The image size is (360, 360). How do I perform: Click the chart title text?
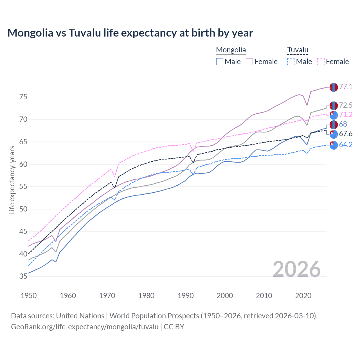pyautogui.click(x=130, y=33)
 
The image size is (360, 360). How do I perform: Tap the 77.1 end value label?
pyautogui.click(x=346, y=87)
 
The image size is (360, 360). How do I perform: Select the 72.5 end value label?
pyautogui.click(x=346, y=105)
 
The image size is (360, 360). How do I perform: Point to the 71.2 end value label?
pyautogui.click(x=346, y=115)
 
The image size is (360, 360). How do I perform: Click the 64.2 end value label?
pyautogui.click(x=346, y=145)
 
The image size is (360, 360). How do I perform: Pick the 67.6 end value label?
pyautogui.click(x=346, y=134)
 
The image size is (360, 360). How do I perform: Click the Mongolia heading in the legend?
pyautogui.click(x=231, y=50)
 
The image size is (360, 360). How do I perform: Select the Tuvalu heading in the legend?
pyautogui.click(x=298, y=50)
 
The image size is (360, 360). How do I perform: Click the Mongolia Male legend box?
pyautogui.click(x=220, y=62)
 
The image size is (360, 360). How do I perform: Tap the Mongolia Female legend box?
pyautogui.click(x=249, y=62)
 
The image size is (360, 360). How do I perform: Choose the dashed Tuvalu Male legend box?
pyautogui.click(x=291, y=62)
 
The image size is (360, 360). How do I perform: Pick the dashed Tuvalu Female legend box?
pyautogui.click(x=321, y=62)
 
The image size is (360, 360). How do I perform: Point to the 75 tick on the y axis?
pyautogui.click(x=23, y=97)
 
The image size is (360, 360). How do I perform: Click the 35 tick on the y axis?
pyautogui.click(x=23, y=276)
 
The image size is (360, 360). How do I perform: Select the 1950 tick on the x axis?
pyautogui.click(x=29, y=296)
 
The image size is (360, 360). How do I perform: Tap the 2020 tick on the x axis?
pyautogui.click(x=303, y=296)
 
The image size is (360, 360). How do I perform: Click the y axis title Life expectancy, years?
pyautogui.click(x=12, y=180)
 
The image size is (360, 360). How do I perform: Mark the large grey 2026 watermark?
pyautogui.click(x=297, y=269)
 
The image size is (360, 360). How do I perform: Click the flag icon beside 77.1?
pyautogui.click(x=334, y=87)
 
